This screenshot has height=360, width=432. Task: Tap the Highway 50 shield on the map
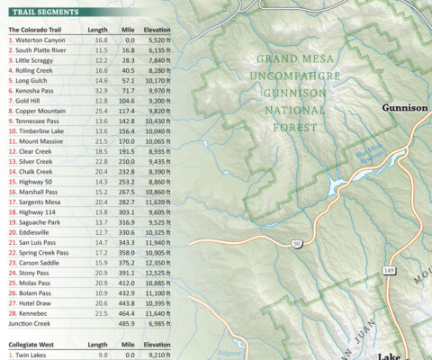(x=295, y=244)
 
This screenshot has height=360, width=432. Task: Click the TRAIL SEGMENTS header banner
(x=44, y=13)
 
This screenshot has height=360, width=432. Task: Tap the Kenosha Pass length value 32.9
(x=101, y=91)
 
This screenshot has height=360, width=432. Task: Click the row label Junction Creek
(x=29, y=323)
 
